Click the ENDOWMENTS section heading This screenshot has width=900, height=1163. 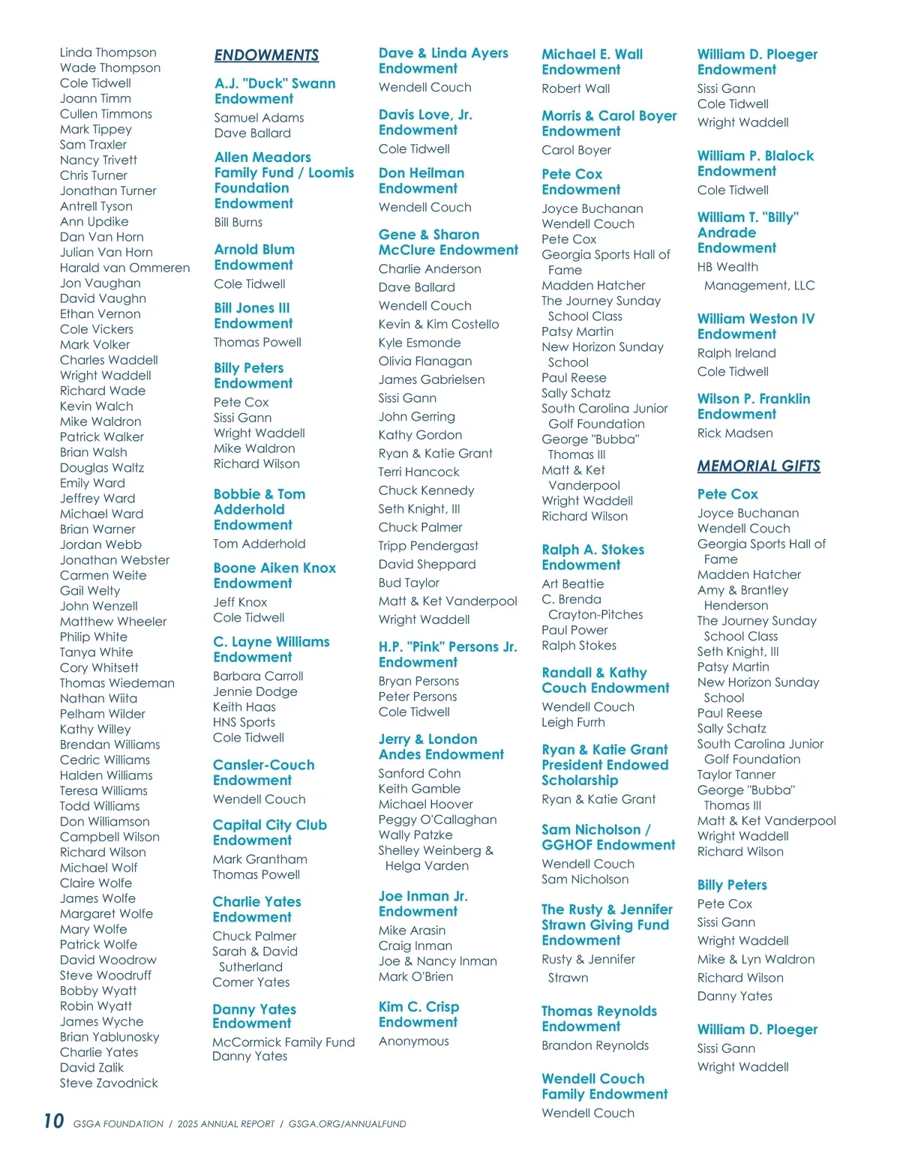(x=266, y=55)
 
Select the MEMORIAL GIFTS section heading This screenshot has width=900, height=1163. (x=758, y=466)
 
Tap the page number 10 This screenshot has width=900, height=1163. (x=54, y=1121)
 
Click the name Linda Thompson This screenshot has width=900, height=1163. (x=108, y=52)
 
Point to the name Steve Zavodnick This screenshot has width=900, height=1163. (x=109, y=1083)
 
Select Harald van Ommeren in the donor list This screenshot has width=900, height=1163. (x=124, y=268)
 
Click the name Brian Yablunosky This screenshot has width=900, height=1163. (x=109, y=1037)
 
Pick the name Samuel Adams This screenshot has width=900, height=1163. (x=259, y=118)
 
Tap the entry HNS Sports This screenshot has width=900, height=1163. (x=244, y=722)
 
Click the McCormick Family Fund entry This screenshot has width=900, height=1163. (x=283, y=1042)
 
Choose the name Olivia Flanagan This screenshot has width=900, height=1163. (x=424, y=361)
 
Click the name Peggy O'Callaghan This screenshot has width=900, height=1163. (x=437, y=820)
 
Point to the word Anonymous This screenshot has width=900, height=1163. (x=413, y=1041)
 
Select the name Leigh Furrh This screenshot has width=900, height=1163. (x=573, y=722)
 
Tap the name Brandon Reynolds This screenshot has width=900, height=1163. (x=595, y=1045)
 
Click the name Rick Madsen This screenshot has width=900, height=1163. (x=734, y=433)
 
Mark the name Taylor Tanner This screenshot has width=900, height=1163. (x=736, y=775)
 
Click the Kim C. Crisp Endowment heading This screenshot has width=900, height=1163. (x=418, y=1014)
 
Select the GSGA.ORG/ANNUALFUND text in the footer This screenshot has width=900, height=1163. (x=347, y=1124)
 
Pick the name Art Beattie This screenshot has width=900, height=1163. (x=572, y=583)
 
